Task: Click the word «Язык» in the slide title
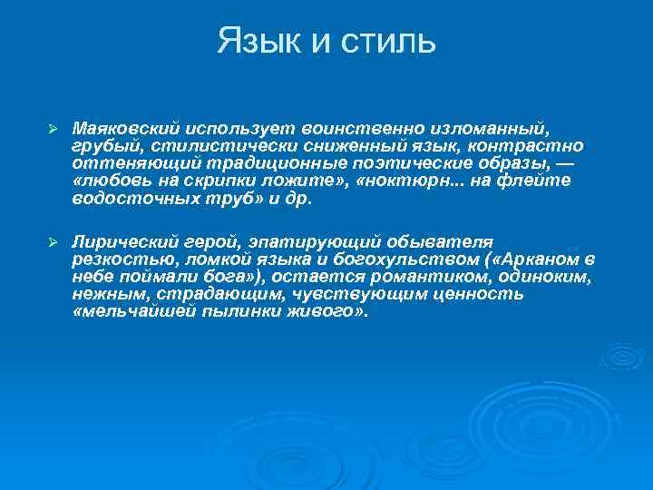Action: tap(255, 41)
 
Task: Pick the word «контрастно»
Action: tap(535, 145)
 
